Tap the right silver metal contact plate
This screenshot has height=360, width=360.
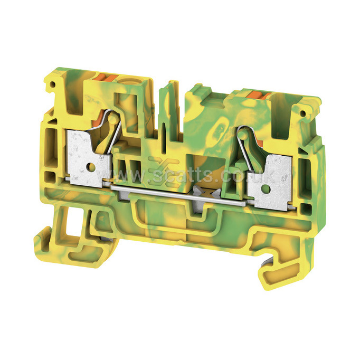click(270, 182)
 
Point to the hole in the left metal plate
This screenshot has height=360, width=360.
click(91, 167)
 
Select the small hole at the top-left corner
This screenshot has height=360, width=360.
click(53, 84)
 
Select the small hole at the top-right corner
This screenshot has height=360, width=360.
click(303, 113)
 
